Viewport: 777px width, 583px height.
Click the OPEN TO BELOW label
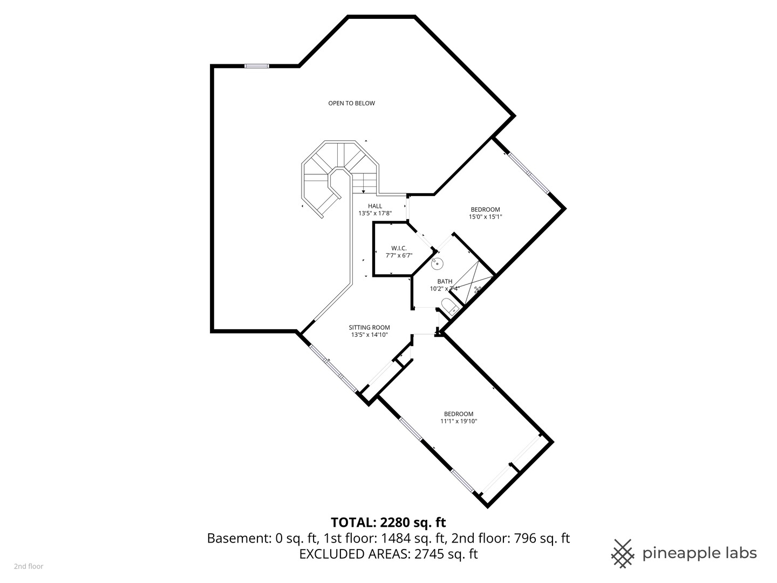tap(351, 103)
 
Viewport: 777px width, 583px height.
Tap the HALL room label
tap(375, 206)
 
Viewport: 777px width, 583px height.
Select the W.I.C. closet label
tap(399, 248)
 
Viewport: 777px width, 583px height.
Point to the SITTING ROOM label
tap(369, 328)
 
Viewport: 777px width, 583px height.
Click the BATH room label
tap(445, 281)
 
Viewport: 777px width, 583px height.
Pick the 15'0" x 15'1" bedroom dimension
tap(485, 216)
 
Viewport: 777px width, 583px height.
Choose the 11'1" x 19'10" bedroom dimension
tap(459, 421)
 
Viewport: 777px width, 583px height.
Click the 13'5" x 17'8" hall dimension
tap(375, 213)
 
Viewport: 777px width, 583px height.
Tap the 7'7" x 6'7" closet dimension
tap(399, 255)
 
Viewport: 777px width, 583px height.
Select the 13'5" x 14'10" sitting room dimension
tap(369, 335)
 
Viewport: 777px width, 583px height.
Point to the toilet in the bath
tap(450, 307)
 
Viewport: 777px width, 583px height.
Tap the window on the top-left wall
tap(257, 66)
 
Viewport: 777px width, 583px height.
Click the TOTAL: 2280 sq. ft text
tap(388, 522)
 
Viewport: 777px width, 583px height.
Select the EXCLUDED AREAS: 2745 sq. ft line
tap(388, 554)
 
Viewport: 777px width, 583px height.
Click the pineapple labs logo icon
tap(623, 554)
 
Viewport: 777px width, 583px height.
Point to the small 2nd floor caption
tap(29, 566)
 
